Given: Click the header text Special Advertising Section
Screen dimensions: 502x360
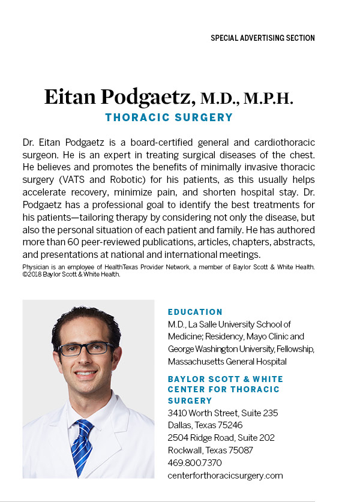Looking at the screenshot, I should [262, 38].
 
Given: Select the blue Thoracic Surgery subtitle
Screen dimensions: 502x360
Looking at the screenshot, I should [169, 118].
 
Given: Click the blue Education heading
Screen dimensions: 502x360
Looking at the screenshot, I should [195, 312].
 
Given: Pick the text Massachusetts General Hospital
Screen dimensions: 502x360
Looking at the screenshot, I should [227, 361].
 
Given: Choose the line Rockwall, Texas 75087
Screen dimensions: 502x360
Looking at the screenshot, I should [210, 450].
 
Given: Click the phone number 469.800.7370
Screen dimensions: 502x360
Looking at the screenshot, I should [194, 462].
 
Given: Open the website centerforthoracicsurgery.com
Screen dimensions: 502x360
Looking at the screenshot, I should [225, 475].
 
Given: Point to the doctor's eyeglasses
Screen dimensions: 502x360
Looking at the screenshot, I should [89, 348].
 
